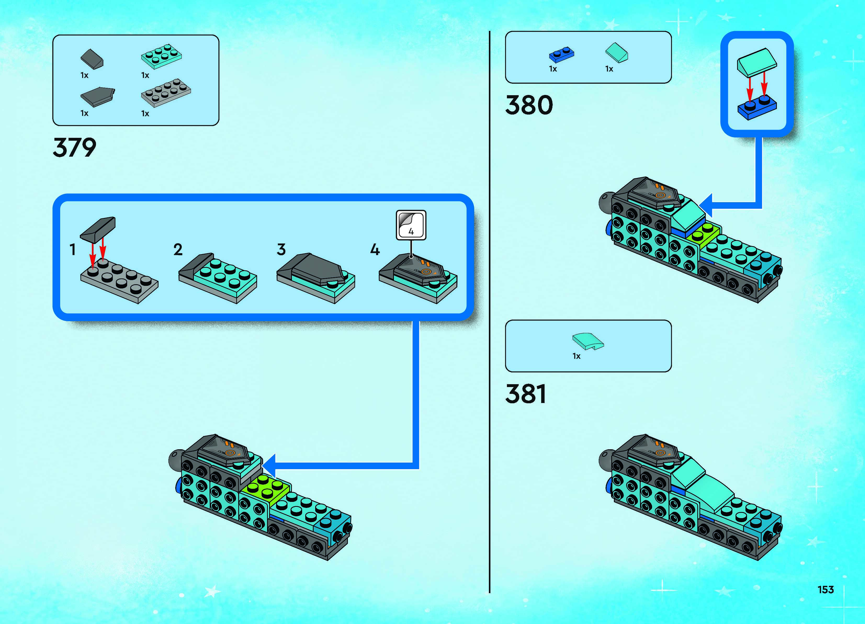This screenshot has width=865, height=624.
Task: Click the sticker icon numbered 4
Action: point(411,225)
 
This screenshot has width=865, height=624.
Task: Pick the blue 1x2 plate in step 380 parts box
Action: point(561,55)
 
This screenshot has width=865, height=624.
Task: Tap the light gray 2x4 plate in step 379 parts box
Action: point(166,92)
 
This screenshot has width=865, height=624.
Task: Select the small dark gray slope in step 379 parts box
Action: point(92,59)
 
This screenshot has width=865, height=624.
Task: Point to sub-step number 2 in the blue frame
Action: point(178,250)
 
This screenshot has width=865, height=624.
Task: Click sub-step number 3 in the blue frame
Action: point(281,250)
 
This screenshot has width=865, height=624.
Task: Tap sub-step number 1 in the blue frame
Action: point(72,250)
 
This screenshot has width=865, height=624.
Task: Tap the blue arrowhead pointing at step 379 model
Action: point(270,465)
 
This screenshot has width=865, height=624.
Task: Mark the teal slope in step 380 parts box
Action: point(617,53)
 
